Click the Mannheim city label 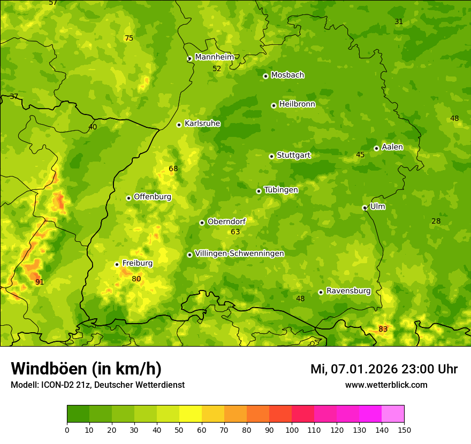(x=214, y=57)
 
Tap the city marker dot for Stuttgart (x=271, y=156)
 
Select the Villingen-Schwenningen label (x=239, y=254)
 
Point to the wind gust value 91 (x=40, y=282)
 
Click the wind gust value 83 (x=383, y=329)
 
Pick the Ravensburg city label (x=348, y=291)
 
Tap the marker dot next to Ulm (x=364, y=208)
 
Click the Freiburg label (x=137, y=263)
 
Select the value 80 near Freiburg (x=136, y=279)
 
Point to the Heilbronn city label (x=297, y=104)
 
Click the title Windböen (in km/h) (x=86, y=369)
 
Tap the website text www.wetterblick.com (x=386, y=385)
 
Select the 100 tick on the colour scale (x=292, y=430)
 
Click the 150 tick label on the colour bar (x=404, y=430)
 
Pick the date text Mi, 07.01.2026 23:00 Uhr (x=384, y=369)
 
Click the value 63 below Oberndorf (x=235, y=232)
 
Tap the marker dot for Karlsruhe (x=179, y=125)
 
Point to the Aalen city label (x=392, y=147)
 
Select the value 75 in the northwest (x=128, y=38)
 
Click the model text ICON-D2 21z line (x=97, y=385)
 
